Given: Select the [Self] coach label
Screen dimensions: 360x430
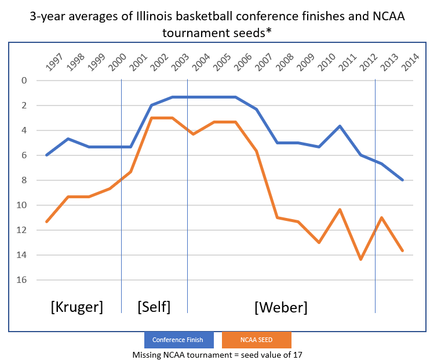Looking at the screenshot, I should tap(154, 307).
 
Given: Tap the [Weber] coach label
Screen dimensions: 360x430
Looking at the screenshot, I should tap(280, 307).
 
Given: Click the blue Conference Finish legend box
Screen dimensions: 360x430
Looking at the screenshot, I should tap(179, 340).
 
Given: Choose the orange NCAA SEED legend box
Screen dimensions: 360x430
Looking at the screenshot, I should tap(256, 340).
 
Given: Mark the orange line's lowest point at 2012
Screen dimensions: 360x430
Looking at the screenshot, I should tap(361, 259).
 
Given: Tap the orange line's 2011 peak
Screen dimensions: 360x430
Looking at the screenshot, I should tap(340, 209).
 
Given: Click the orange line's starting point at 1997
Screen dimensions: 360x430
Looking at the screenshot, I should tap(46, 221).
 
